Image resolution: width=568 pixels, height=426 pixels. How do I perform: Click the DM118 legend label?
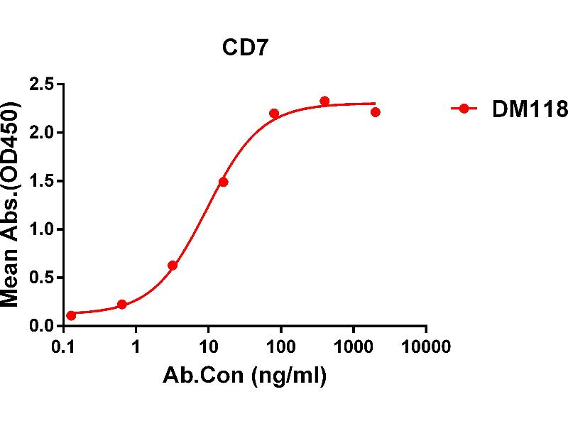[x=530, y=109]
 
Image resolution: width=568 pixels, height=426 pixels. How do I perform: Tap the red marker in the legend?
[x=464, y=109]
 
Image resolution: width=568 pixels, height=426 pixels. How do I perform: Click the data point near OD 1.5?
[x=223, y=182]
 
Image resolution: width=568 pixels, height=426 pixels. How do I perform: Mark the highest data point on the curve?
[x=324, y=101]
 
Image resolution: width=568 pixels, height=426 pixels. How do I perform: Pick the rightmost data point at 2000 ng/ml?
[x=375, y=112]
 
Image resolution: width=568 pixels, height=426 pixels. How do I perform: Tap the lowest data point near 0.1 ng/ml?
[x=71, y=315]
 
